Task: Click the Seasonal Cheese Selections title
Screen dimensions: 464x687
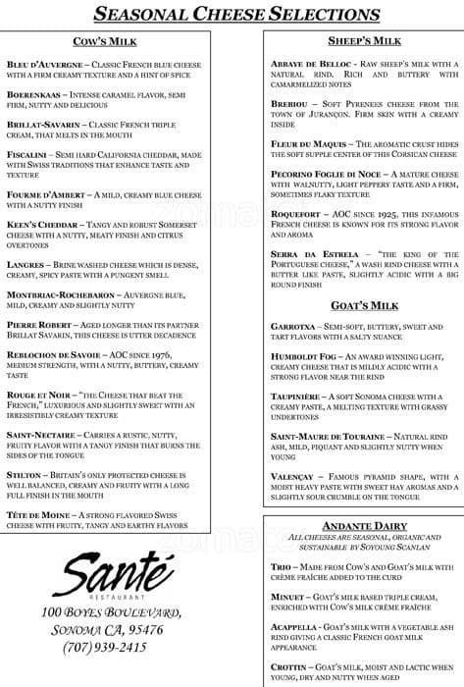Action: point(231,13)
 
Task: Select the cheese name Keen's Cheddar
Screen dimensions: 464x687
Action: point(43,225)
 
